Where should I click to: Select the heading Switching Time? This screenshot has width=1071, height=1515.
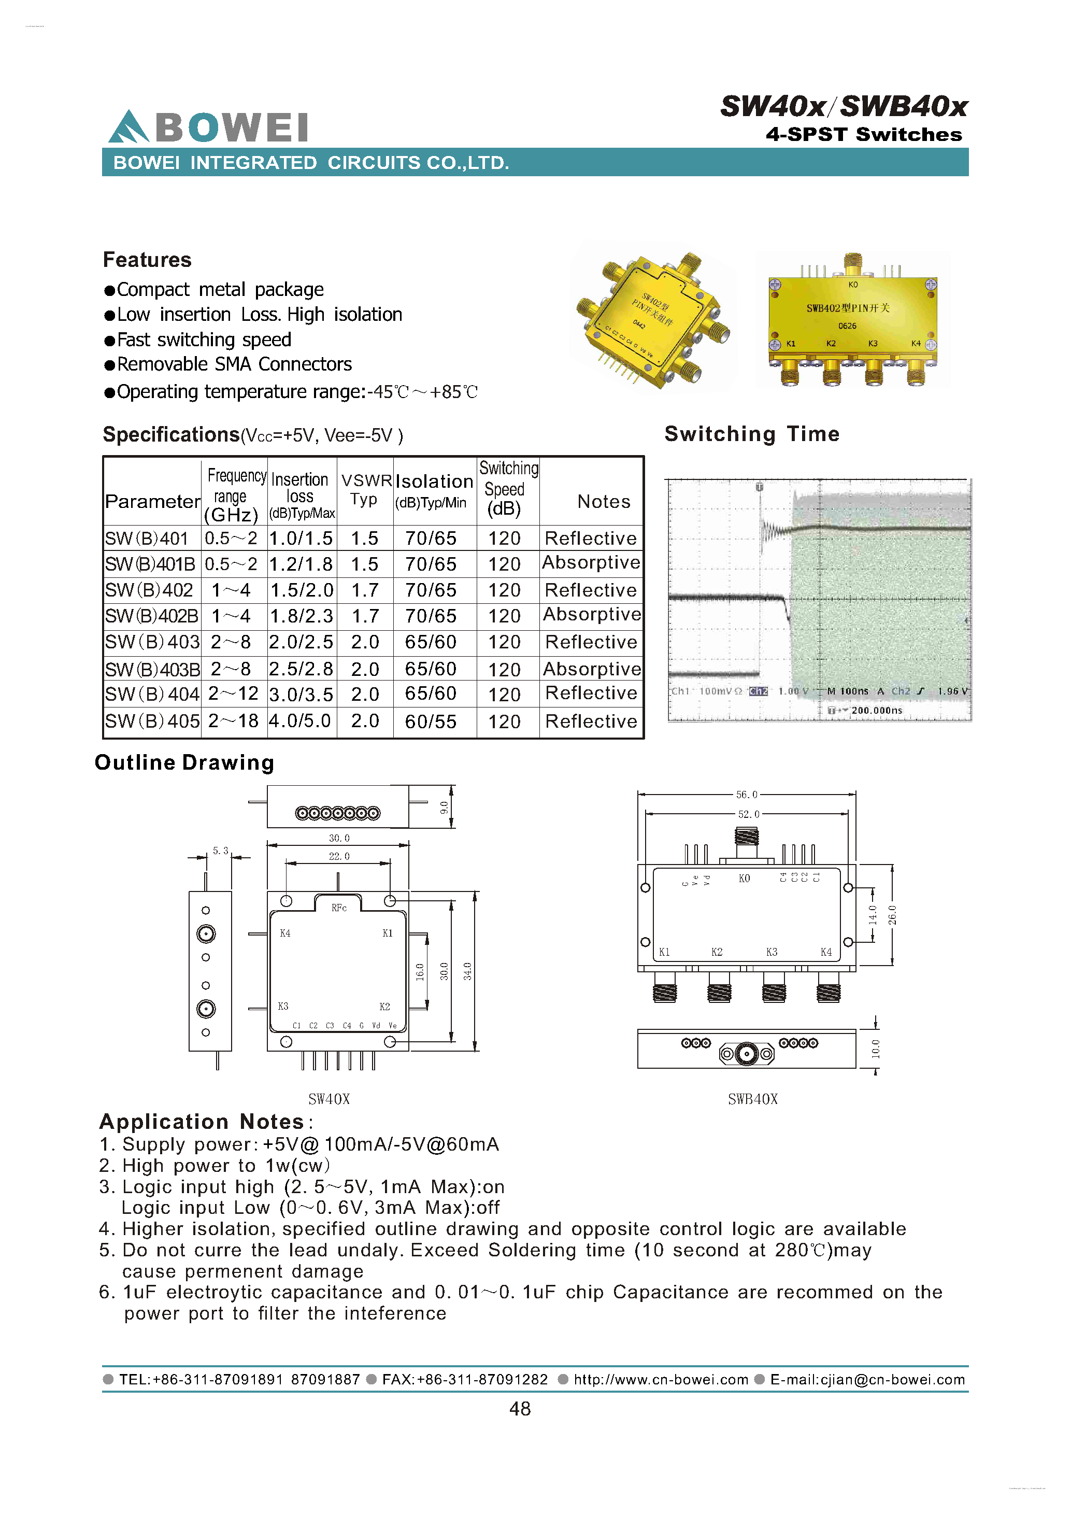[x=751, y=434]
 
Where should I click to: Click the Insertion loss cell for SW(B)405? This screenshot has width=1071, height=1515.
[x=300, y=720]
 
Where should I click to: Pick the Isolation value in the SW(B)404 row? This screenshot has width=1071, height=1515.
[x=431, y=693]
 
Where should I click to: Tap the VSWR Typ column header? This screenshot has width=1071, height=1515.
[x=365, y=490]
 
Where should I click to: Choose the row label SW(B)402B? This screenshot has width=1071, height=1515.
[x=151, y=616]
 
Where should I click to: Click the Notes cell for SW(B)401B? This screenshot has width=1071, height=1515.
[x=591, y=563]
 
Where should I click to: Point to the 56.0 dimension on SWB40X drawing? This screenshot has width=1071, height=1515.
[x=747, y=795]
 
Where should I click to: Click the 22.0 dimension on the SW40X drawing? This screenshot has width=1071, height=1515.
[x=339, y=856]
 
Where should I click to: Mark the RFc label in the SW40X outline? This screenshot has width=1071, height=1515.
[x=339, y=908]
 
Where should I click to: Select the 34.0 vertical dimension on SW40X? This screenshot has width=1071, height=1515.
[x=467, y=971]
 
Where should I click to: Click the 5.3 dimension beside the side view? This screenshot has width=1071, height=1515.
[x=220, y=851]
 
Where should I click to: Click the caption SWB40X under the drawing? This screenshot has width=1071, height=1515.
[x=752, y=1099]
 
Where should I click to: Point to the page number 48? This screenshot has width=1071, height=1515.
[x=520, y=1409]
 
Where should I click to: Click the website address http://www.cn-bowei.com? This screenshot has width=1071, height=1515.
[x=660, y=1380]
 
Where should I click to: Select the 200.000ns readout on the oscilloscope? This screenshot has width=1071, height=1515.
[x=877, y=711]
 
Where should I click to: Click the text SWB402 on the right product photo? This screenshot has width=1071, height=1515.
[x=823, y=308]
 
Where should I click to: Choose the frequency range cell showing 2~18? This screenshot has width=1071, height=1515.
[x=234, y=720]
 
